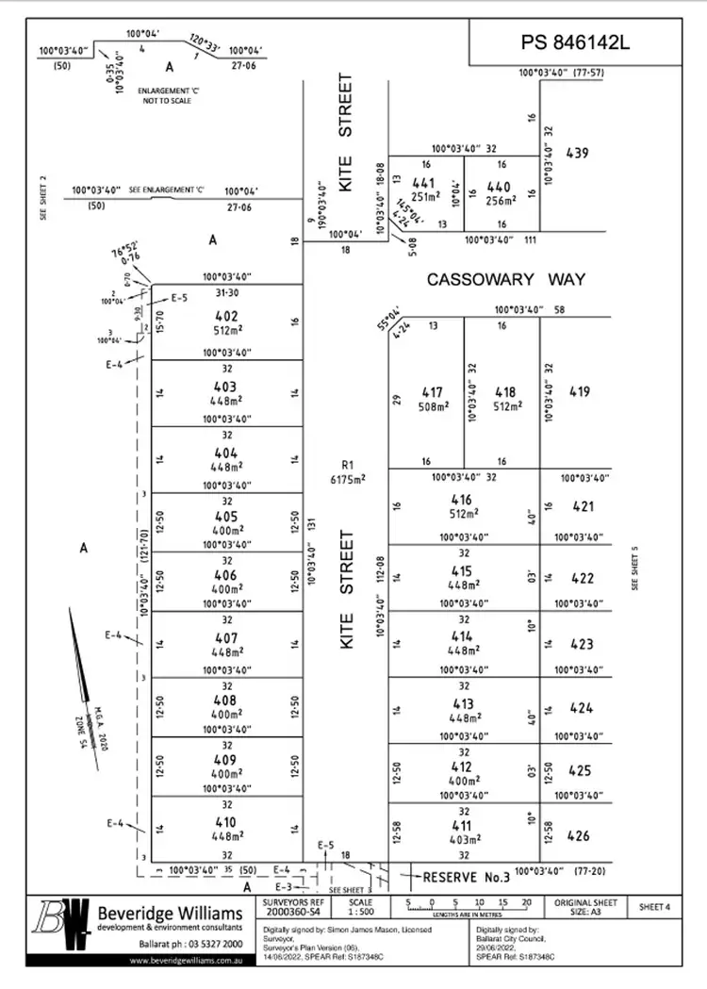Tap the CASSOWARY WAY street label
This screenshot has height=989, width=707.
click(x=506, y=279)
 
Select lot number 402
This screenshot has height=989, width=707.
click(x=226, y=317)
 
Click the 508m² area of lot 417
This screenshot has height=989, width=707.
click(x=433, y=407)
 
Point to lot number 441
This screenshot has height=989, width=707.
click(x=425, y=184)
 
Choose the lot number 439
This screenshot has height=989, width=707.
click(x=577, y=152)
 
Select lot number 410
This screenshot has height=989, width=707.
click(x=226, y=821)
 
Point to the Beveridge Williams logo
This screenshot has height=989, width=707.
click(x=61, y=928)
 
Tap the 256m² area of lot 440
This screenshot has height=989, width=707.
click(x=501, y=200)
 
